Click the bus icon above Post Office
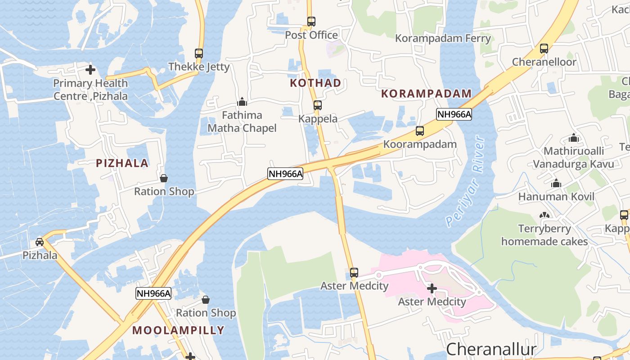coord(311,21)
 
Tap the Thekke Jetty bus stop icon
coord(199,53)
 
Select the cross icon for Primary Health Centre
coord(90,70)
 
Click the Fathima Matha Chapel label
coord(242,121)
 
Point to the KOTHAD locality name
coord(315,83)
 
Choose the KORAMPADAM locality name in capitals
coord(426,94)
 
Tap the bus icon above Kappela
coord(318,105)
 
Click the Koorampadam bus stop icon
coord(420,131)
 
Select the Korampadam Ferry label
coord(443,38)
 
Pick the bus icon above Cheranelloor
coord(544,49)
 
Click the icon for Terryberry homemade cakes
coord(544,216)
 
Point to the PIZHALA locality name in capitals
coord(122,163)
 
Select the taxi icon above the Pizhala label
coord(40,242)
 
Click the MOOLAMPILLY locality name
coord(178,330)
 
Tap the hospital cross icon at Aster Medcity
coord(432,288)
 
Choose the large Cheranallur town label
coord(491,349)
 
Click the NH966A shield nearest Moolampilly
coord(154,294)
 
